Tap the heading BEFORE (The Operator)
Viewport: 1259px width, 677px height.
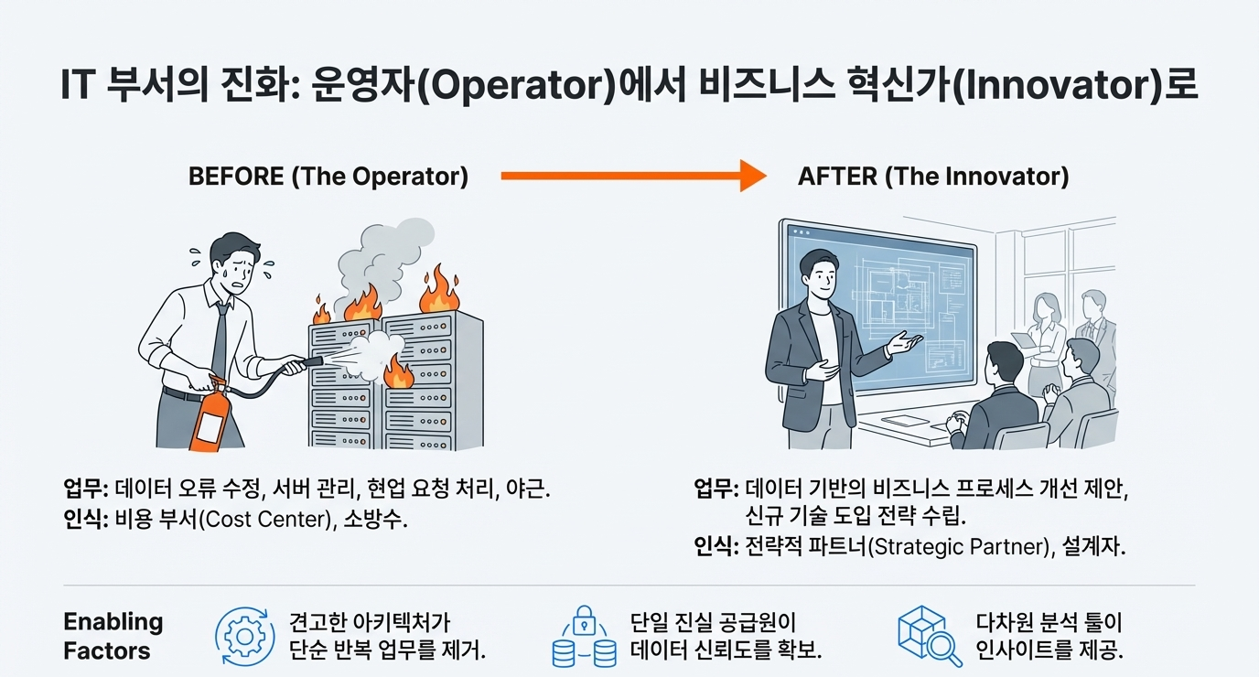tap(328, 176)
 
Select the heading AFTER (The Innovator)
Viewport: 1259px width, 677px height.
tap(933, 176)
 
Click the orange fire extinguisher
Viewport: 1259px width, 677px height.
tap(210, 416)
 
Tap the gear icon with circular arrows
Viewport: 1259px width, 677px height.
tap(243, 635)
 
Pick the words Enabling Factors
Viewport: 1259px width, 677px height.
tap(113, 637)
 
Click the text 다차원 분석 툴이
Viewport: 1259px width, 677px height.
tap(1049, 624)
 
